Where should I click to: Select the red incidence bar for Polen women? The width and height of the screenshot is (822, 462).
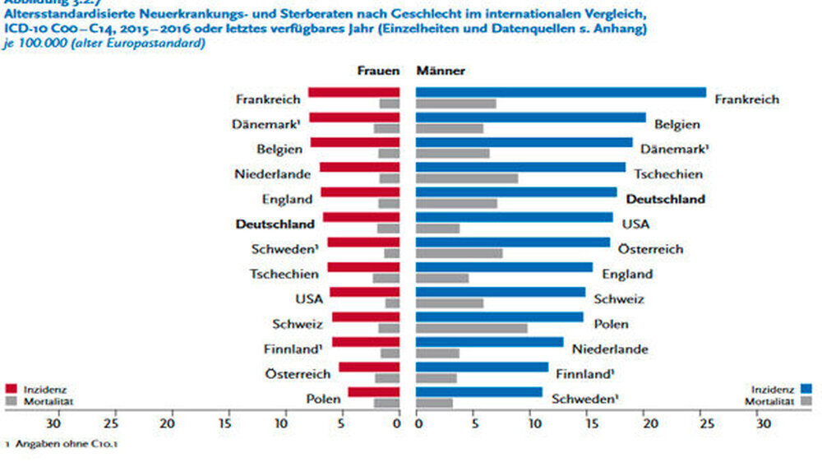tap(373, 392)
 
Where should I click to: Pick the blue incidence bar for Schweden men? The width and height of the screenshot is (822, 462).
tap(478, 392)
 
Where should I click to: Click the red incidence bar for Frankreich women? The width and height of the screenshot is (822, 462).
tap(353, 92)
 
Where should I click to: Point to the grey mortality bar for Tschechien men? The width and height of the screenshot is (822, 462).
tap(466, 178)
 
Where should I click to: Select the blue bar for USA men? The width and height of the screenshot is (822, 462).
tap(514, 217)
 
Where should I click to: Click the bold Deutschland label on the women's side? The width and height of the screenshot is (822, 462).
tap(275, 224)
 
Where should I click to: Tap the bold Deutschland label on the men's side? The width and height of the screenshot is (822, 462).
tap(665, 199)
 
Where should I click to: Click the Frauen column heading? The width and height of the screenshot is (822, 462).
tap(377, 71)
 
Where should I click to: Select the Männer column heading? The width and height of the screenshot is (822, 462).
tap(441, 71)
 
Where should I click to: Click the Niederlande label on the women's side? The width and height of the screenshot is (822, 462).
tap(272, 174)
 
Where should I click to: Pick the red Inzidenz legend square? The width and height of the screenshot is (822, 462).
tap(12, 389)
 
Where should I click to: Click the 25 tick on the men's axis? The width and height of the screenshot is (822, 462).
tap(705, 424)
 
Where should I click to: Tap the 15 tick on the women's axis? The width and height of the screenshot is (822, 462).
tap(224, 424)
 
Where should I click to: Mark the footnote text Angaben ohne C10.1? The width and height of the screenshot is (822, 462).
tap(54, 445)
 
